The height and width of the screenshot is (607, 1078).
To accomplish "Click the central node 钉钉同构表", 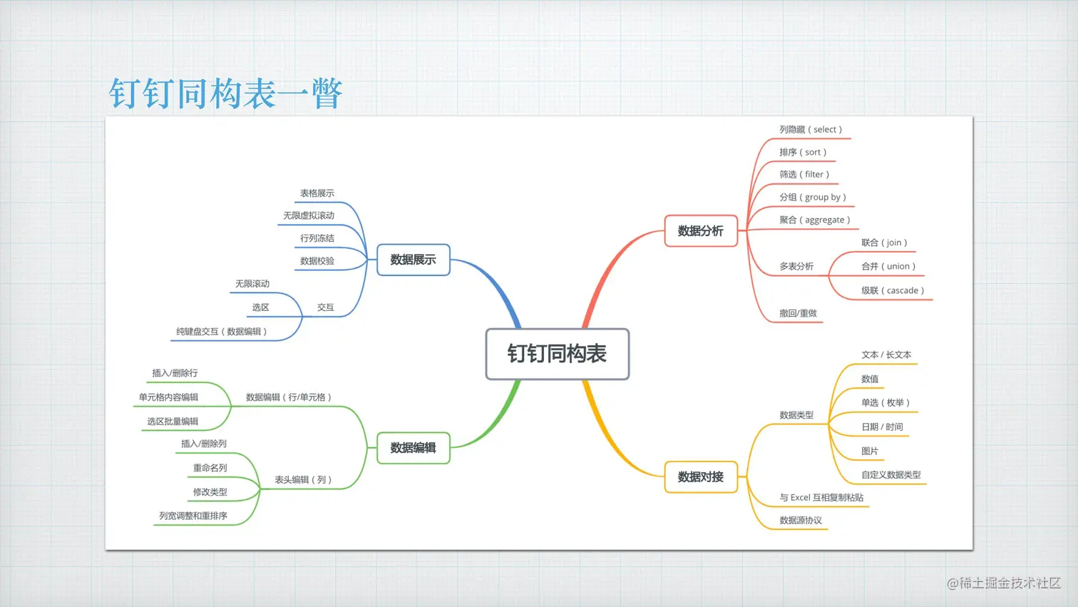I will pos(557,354).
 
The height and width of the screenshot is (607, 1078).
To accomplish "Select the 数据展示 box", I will pos(413,260).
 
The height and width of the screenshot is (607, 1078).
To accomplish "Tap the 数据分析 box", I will pos(700,231).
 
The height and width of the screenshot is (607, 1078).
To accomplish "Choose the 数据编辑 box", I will pos(413,448).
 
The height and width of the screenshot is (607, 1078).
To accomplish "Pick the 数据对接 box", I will pos(700,477).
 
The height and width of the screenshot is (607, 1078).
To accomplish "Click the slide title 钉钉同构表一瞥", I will pos(226,93).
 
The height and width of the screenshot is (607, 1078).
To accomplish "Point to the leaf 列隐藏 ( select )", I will pos(811,130).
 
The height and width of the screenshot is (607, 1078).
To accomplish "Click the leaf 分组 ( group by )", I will pos(813,198).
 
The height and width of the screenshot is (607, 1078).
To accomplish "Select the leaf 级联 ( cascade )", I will pos(893,291).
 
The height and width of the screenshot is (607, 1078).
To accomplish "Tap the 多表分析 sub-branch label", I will pos(796,267).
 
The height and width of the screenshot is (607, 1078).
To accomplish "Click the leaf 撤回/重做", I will pos(798,313).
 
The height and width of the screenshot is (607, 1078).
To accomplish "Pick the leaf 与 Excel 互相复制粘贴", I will pos(821,498).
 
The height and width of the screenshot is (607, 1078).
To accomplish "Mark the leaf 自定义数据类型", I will pos(890,475).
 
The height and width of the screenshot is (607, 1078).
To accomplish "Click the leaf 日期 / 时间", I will pos(882,427).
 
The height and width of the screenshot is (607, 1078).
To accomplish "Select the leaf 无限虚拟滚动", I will pos(309,215).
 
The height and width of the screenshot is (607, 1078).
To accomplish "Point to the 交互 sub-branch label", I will pos(326,307).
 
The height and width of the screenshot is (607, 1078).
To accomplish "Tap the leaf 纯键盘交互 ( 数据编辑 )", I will pos(222,332).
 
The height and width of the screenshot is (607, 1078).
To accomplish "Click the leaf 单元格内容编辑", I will pos(168,397).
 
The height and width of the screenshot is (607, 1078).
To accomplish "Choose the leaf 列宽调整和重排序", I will pos(193,516).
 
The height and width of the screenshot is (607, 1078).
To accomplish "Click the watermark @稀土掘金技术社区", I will pos(1004,583).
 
